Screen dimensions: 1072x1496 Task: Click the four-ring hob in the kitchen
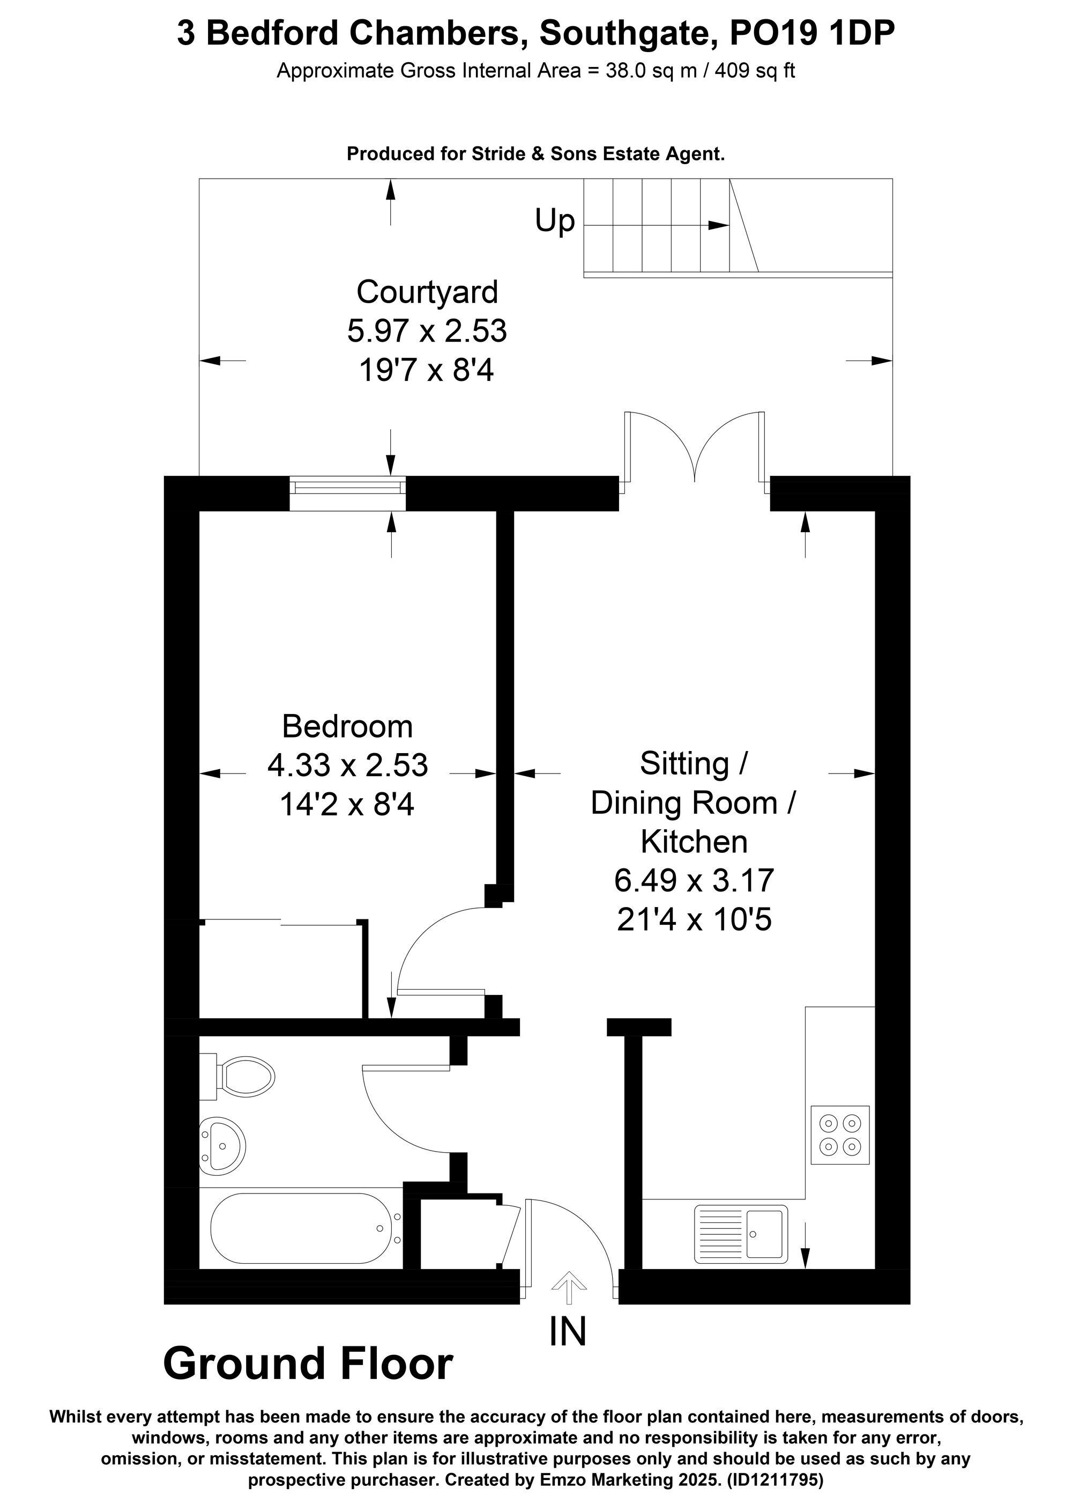[839, 1134]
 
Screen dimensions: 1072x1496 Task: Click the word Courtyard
[427, 292]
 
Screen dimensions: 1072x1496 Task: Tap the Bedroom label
[347, 726]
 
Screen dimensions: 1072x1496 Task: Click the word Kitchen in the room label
[694, 842]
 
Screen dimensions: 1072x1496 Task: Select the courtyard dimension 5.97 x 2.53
[427, 330]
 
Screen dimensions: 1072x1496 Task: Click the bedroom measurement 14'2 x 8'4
[347, 805]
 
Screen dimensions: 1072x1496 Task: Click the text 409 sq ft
[755, 71]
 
